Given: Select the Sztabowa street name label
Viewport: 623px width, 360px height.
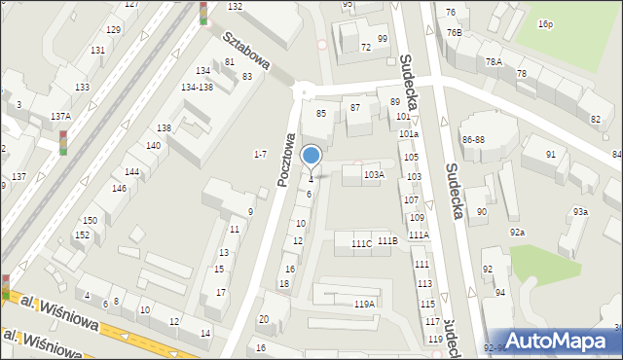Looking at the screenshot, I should tap(245, 55).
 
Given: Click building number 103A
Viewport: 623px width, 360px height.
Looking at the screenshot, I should tap(374, 175).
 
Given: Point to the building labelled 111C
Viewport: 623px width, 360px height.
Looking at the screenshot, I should tap(361, 242).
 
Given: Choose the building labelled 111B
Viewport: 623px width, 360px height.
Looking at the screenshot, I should tap(387, 240).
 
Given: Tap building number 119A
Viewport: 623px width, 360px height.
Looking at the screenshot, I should tap(364, 304).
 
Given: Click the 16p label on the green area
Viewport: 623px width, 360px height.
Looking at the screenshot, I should tap(545, 23).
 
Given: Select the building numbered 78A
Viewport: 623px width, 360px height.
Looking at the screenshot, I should tap(495, 61).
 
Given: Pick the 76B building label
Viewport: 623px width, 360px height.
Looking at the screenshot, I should tap(455, 32).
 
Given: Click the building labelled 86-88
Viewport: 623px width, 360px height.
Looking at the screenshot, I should tap(473, 140).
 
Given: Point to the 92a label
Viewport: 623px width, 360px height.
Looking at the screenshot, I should tap(518, 232).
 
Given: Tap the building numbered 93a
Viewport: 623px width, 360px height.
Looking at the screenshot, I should tap(580, 212).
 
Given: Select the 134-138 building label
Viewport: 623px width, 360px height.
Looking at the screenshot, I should tap(197, 87).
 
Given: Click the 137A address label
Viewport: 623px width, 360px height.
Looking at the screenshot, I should tap(60, 116).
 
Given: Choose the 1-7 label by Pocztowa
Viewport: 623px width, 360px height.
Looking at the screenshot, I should tap(260, 154).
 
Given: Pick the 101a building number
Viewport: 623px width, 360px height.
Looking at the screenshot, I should tap(408, 133).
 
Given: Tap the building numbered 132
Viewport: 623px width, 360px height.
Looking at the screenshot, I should tap(235, 6).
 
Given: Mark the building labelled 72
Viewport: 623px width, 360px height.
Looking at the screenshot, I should tap(366, 47).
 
